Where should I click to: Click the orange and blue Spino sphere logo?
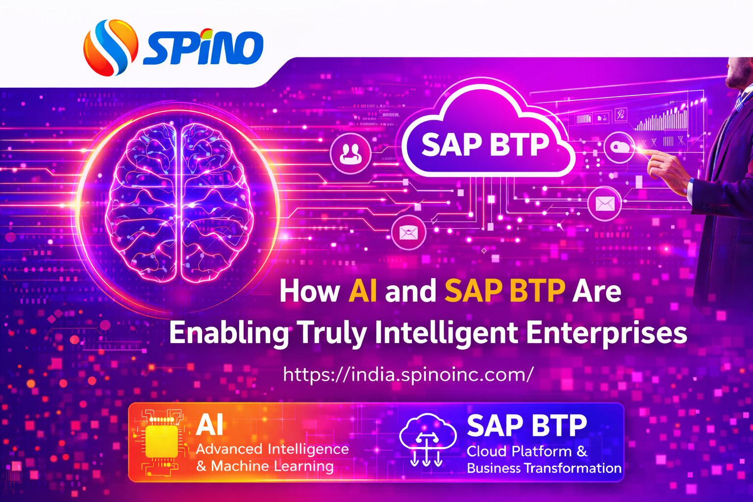pyautogui.click(x=110, y=48)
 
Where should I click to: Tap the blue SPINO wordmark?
pyautogui.click(x=203, y=48)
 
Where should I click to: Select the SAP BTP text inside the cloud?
pyautogui.click(x=485, y=145)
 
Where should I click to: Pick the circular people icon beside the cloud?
pyautogui.click(x=351, y=153)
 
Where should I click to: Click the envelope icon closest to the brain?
pyautogui.click(x=408, y=232)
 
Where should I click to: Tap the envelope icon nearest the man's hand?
pyautogui.click(x=604, y=203)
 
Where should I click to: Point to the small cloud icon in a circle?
pyautogui.click(x=620, y=147)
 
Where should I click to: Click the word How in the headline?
pyautogui.click(x=309, y=291)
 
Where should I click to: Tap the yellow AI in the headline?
pyautogui.click(x=363, y=291)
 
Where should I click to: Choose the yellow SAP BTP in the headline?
pyautogui.click(x=504, y=291)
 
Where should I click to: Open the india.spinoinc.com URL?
pyautogui.click(x=408, y=375)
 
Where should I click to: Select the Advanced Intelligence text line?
pyautogui.click(x=272, y=449)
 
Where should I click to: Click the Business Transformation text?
pyautogui.click(x=544, y=468)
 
